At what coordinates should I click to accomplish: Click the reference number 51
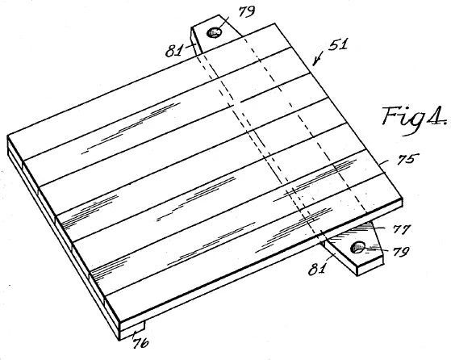point(338,44)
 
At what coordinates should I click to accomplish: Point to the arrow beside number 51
point(318,59)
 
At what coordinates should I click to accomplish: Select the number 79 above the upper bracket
point(247,12)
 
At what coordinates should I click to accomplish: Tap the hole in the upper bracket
point(214,32)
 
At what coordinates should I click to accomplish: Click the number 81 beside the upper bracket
point(173,51)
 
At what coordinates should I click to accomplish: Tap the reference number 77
point(402,229)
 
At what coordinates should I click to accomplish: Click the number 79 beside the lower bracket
point(401,252)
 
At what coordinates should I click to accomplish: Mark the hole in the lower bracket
point(357,248)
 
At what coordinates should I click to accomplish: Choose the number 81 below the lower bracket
point(317,269)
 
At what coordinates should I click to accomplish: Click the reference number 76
point(140,342)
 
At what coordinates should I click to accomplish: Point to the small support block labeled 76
point(132,330)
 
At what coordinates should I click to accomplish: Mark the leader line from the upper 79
point(223,23)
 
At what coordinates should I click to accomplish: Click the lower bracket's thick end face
point(370,266)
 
